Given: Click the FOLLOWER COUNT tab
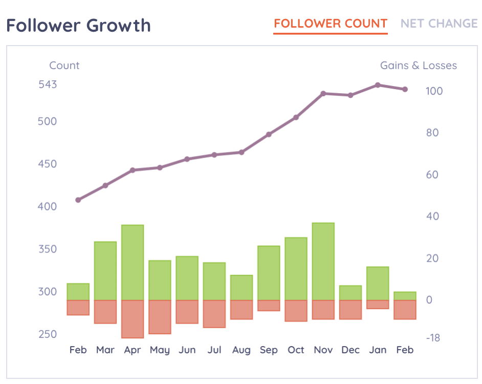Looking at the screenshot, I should click(x=331, y=24).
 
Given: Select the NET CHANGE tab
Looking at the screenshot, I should click(x=439, y=24).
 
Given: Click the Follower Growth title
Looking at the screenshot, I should click(x=79, y=25).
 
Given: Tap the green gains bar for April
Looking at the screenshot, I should click(x=133, y=262).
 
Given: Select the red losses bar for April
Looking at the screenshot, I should click(x=133, y=319).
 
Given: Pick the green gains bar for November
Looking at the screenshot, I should click(x=323, y=261).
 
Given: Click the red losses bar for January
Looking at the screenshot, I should click(x=378, y=305).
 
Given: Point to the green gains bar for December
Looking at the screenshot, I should click(x=350, y=293).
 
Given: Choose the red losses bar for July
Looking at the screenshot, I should click(x=214, y=314).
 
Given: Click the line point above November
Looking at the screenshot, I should click(x=323, y=94).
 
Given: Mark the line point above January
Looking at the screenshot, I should click(x=378, y=85).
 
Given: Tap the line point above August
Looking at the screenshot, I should click(x=242, y=152).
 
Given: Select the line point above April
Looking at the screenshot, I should click(x=133, y=170).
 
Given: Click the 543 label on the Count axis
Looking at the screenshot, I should click(x=48, y=84).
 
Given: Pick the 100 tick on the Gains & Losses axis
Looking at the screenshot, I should click(x=434, y=91).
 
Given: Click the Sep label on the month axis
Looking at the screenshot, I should click(x=269, y=350).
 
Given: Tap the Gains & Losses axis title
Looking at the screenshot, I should click(x=418, y=66).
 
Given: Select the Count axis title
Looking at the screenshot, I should click(x=64, y=66).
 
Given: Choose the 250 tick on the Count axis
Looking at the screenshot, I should click(x=48, y=334).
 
